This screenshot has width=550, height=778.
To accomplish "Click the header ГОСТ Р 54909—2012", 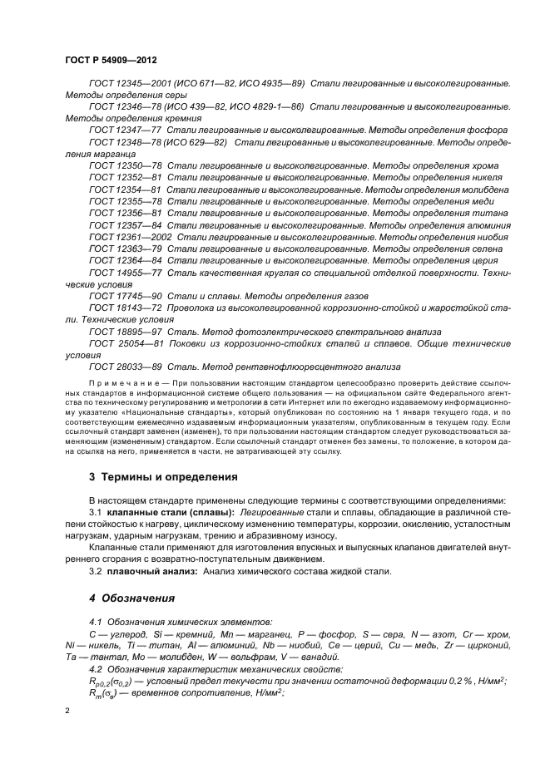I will [x=111, y=62].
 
